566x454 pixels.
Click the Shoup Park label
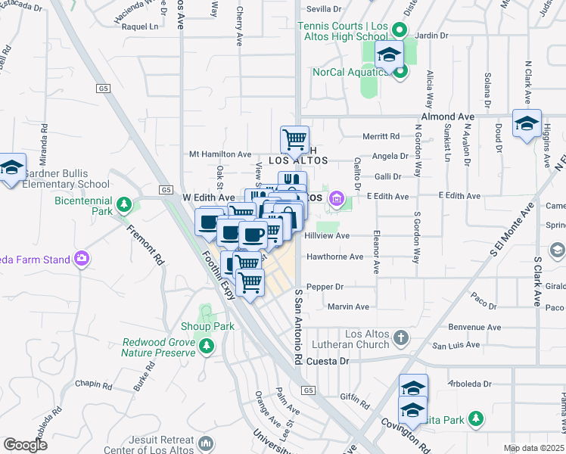tap(207, 326)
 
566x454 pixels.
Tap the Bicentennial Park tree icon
tap(124, 204)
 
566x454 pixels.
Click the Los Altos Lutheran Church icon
tap(401, 336)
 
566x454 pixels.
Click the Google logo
tap(25, 445)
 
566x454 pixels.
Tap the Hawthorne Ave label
tap(334, 257)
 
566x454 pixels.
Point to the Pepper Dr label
tap(326, 287)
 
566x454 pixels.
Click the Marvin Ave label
tap(348, 306)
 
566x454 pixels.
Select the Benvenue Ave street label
tap(475, 328)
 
